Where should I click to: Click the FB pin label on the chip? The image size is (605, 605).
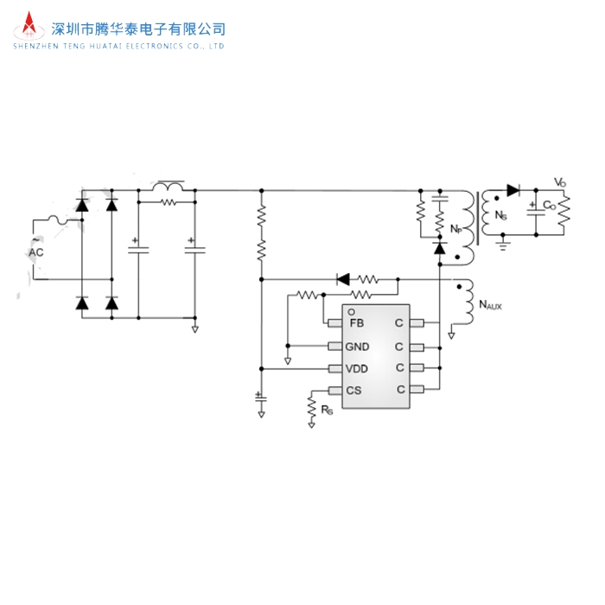[x=356, y=323]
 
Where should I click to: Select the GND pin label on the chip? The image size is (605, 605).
[x=358, y=347]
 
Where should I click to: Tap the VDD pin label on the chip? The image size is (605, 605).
[x=358, y=368]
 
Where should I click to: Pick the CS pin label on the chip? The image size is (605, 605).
[x=353, y=390]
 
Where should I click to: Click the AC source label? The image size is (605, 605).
[x=36, y=252]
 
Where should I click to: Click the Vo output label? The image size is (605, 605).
[x=560, y=181]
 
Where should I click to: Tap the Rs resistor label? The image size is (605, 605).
[x=327, y=410]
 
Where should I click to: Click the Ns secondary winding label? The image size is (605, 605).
[x=500, y=215]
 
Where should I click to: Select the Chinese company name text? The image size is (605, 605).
[x=139, y=29]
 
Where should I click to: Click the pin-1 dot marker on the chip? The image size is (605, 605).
[x=352, y=312]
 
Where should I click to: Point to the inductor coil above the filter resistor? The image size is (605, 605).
[x=169, y=186]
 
